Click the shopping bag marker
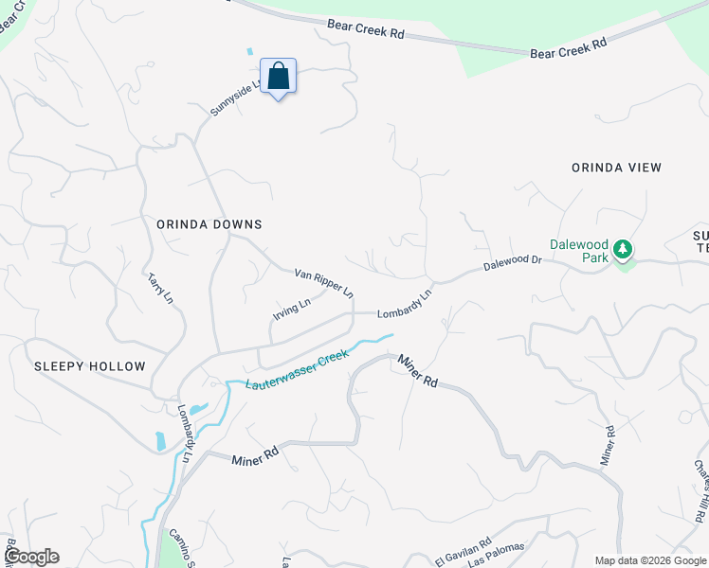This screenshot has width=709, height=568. point(278,76)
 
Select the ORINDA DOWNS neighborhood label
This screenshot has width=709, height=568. point(209,224)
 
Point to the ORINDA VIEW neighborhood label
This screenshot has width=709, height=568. point(616,168)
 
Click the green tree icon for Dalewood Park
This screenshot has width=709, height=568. point(622,250)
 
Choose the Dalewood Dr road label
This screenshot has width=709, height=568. point(511,262)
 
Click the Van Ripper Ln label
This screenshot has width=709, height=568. point(323,283)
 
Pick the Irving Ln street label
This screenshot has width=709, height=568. point(292,311)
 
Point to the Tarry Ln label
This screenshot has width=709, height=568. point(160,289)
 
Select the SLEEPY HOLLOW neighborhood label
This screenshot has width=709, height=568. point(90,366)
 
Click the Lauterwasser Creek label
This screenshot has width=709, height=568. point(297,370)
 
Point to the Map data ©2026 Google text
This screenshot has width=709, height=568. point(649,560)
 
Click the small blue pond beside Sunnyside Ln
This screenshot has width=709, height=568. point(250,51)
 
